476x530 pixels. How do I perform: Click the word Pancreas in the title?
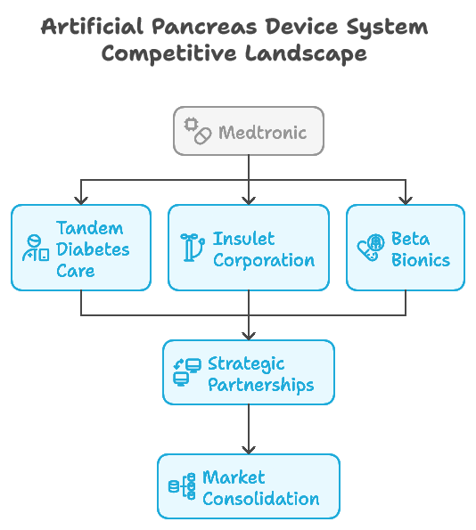click(x=204, y=27)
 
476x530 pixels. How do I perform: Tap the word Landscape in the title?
click(x=306, y=54)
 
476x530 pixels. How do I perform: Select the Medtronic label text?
click(x=263, y=132)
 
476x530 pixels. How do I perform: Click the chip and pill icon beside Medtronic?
click(x=198, y=131)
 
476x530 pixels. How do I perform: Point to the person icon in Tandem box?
click(x=36, y=249)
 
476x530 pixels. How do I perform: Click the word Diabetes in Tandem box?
click(x=93, y=249)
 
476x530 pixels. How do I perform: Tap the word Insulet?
click(x=243, y=239)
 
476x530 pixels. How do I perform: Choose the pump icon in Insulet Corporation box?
click(x=193, y=247)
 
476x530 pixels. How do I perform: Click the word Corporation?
click(x=264, y=261)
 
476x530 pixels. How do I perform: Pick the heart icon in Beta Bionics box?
click(x=371, y=248)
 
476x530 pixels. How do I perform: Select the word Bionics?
click(x=421, y=260)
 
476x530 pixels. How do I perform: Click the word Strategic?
click(x=246, y=364)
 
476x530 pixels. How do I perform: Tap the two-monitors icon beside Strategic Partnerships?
click(x=187, y=371)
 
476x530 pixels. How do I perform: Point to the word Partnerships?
click(x=261, y=385)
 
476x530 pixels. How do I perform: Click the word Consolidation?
click(x=261, y=499)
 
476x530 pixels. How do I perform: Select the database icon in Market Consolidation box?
click(x=182, y=486)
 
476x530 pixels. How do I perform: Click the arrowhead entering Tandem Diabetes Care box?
click(x=81, y=200)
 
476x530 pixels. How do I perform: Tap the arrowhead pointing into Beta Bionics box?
click(x=406, y=200)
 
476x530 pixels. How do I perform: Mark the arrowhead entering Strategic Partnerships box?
click(x=249, y=336)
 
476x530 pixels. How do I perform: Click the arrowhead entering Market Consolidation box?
click(x=249, y=450)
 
